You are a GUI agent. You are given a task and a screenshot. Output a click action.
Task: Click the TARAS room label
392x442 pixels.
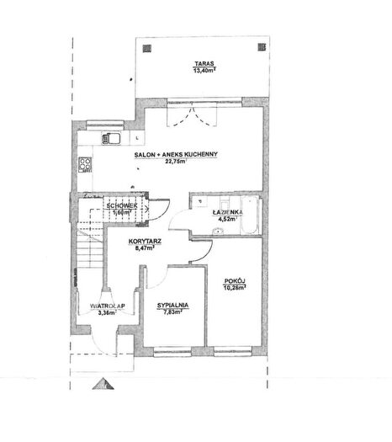204,63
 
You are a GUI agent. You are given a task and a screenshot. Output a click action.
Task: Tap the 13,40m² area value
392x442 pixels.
204,70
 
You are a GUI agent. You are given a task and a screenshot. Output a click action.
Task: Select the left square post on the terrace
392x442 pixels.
146,49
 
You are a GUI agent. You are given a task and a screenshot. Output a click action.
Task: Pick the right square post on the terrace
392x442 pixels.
262,47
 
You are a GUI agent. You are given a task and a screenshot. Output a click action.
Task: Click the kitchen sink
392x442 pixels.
111,138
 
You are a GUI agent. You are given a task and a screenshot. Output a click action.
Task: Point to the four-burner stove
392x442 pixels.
85,165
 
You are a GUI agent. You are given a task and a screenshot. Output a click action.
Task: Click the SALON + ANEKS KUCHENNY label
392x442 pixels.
176,154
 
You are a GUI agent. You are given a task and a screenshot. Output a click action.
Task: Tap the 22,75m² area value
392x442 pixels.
176,162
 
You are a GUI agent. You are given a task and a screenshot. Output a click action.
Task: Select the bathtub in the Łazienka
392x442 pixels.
250,215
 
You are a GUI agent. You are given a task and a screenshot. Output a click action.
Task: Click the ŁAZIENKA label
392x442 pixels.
227,212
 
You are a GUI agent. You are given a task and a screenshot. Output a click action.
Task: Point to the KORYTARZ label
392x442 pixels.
145,242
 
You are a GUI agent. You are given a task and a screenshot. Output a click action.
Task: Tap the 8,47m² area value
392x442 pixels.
145,248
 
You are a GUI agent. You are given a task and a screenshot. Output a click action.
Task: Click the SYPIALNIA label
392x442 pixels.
173,306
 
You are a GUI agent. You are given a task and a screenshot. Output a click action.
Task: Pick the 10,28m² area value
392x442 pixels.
235,288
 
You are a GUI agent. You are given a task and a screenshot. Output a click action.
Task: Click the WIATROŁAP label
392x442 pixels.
108,306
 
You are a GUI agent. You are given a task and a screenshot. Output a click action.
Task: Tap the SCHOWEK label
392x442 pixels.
122,205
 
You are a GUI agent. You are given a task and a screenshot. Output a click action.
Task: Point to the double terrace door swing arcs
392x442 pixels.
193,116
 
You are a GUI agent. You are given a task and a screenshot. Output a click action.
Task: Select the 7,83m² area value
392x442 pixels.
173,312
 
